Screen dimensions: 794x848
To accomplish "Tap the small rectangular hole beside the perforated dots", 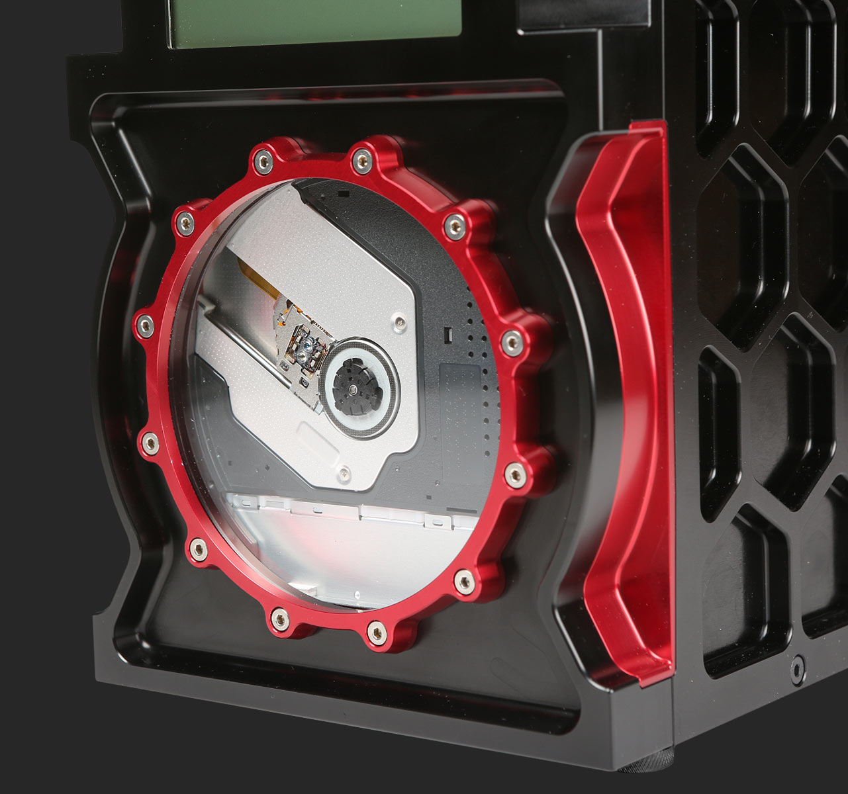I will point(448,331).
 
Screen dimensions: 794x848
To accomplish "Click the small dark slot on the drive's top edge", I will point(344,193).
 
